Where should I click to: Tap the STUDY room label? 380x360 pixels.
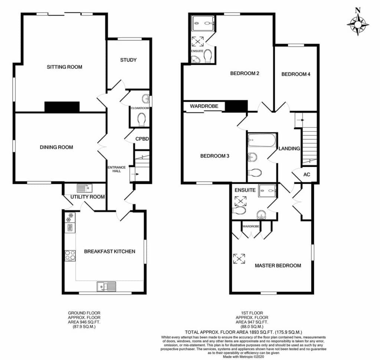point(128,60)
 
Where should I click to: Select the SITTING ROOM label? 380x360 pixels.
point(65,67)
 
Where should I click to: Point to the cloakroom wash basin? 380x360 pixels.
point(145,98)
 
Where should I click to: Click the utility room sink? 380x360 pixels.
point(84,188)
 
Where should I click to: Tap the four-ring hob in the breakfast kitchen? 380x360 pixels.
point(70,255)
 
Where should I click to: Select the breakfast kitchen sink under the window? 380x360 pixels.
point(107,286)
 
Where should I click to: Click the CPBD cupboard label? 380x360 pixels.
point(142,139)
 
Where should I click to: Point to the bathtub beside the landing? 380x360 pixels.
point(262,140)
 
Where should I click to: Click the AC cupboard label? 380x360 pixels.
point(307,174)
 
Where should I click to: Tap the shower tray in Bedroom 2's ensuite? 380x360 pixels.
point(203,23)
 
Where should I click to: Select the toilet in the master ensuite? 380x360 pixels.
point(239,210)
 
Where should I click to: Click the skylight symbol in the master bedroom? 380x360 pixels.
point(239,259)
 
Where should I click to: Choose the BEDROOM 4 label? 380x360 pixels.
point(296,74)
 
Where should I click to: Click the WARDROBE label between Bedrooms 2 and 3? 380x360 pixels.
point(204,106)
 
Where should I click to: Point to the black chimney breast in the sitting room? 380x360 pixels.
point(62,107)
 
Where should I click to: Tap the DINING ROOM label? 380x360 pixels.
point(56,147)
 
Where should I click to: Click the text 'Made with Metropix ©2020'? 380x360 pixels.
point(243,357)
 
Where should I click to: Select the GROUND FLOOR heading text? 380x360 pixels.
point(84,313)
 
